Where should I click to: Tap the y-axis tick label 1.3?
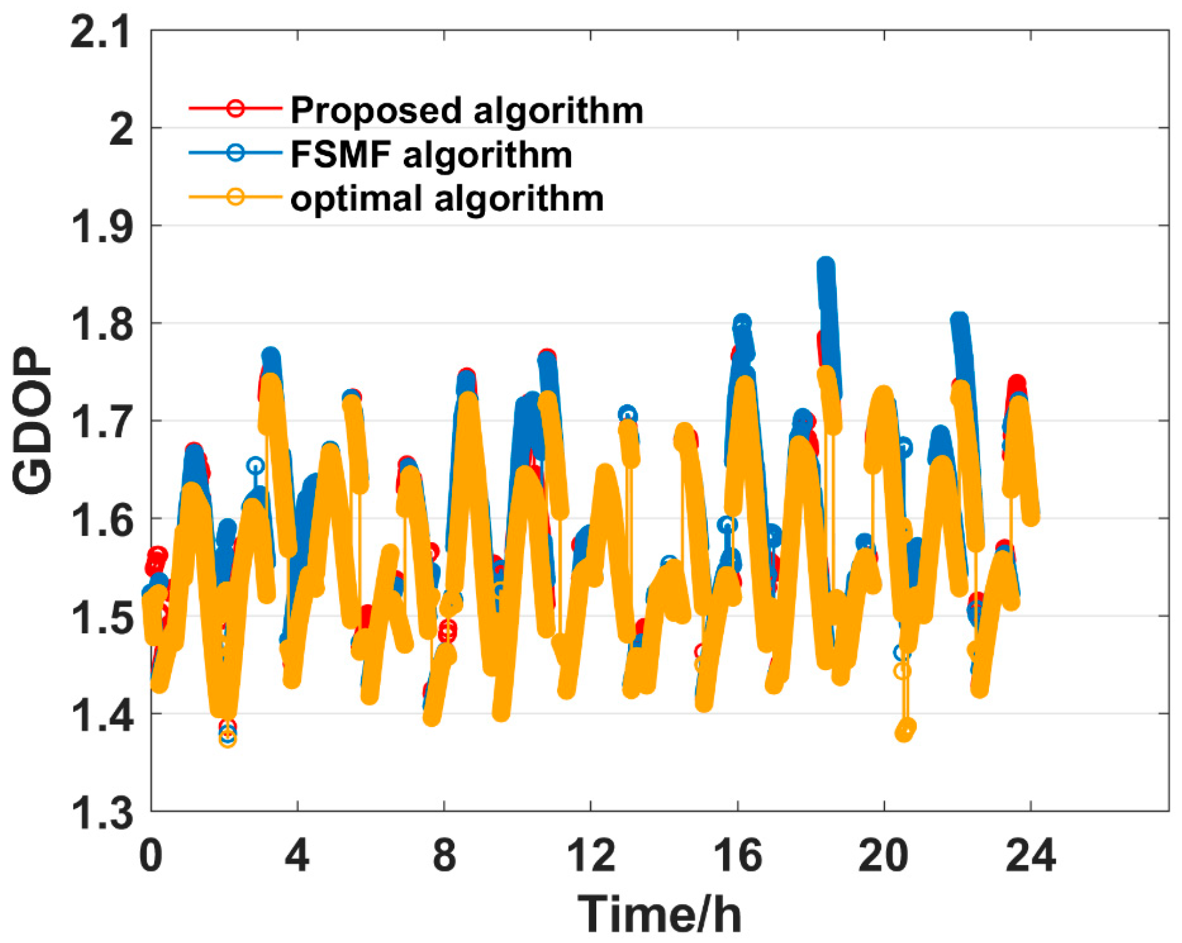pos(101,813)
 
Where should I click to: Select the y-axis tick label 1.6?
pos(101,520)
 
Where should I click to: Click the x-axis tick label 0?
pos(151,856)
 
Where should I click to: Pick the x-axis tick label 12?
pos(591,856)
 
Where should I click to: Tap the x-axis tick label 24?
pos(1030,856)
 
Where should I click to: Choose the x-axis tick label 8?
pos(444,856)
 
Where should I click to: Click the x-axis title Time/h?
pos(660,913)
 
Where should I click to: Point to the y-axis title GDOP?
pos(32,421)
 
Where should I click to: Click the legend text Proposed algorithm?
pos(467,110)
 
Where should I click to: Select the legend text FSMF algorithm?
pos(431,155)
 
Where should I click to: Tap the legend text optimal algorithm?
pos(447,198)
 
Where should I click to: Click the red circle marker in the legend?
pos(235,108)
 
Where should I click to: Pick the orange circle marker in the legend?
pos(235,196)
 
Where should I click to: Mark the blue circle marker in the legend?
pos(235,152)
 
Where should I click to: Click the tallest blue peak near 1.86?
pos(826,267)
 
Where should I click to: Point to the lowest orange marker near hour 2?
pos(228,739)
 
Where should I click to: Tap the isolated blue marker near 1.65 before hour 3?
pos(255,466)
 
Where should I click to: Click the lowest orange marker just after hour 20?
pos(904,733)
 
